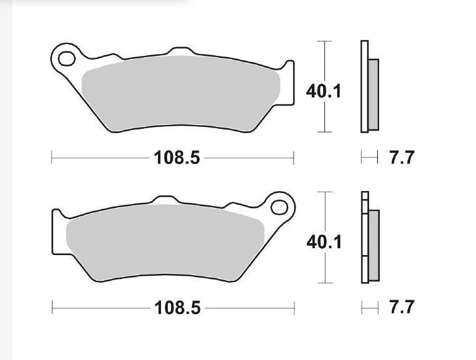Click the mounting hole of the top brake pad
pyautogui.click(x=65, y=59)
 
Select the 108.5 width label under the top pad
pyautogui.click(x=177, y=157)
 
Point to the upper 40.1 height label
pyautogui.click(x=323, y=92)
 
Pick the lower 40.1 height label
pyautogui.click(x=323, y=241)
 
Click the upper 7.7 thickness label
pyautogui.click(x=402, y=157)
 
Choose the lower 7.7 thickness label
pyautogui.click(x=402, y=308)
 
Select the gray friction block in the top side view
pyautogui.click(x=374, y=94)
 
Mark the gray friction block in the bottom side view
pyautogui.click(x=374, y=246)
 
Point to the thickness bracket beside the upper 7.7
pyautogui.click(x=369, y=157)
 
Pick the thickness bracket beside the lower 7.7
pyautogui.click(x=369, y=308)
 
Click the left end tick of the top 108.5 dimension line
pyautogui.click(x=52, y=157)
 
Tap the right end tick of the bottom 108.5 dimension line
pyautogui.click(x=294, y=308)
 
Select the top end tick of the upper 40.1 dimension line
pyautogui.click(x=324, y=41)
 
